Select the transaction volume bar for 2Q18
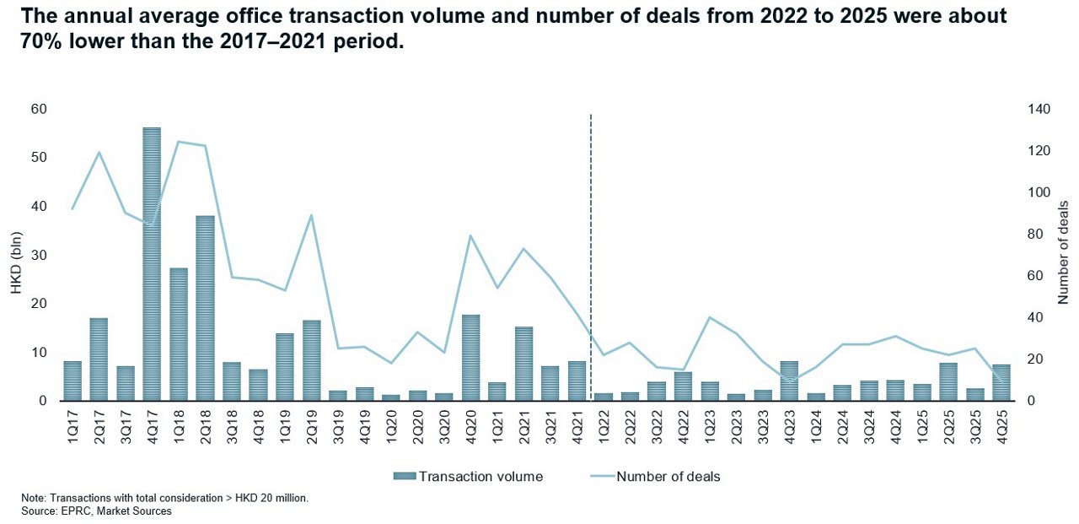(205, 308)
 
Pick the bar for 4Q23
(789, 381)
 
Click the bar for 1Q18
(179, 334)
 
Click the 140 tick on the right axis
(1035, 109)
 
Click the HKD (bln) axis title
(16, 255)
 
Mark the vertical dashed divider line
(590, 253)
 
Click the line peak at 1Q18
(179, 142)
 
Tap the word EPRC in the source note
(74, 511)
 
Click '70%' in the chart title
(44, 41)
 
